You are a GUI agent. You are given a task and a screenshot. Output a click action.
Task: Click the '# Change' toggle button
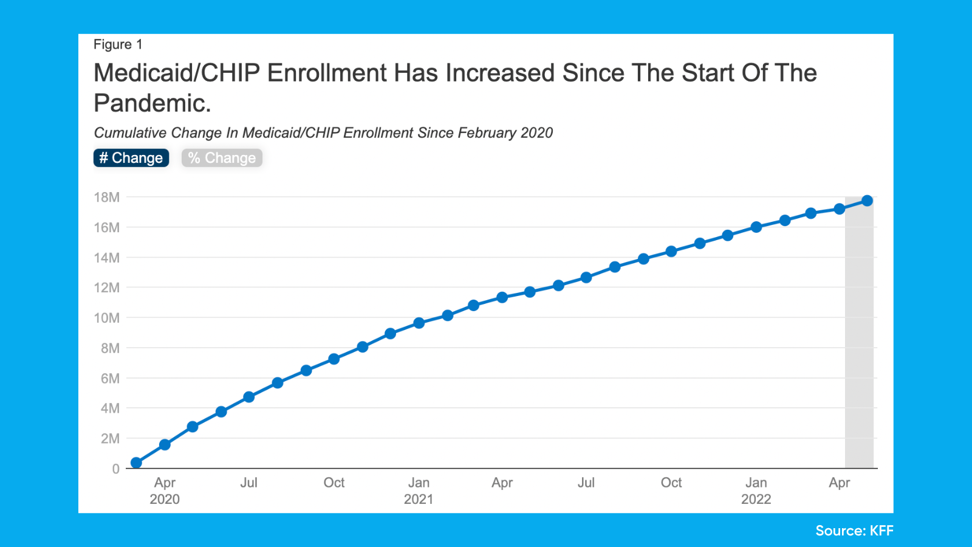pos(131,158)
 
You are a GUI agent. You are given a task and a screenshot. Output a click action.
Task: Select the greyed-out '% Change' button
pos(222,158)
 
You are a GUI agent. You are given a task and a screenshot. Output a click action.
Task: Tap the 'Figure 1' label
pos(118,44)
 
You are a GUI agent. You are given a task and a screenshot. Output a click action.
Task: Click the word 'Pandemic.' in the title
pos(152,103)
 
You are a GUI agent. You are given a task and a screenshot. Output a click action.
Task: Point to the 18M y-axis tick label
pos(107,197)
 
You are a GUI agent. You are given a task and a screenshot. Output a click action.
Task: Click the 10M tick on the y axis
pos(107,318)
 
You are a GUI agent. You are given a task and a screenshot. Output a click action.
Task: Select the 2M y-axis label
pos(110,438)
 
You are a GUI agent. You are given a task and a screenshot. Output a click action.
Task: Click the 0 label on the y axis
pos(115,469)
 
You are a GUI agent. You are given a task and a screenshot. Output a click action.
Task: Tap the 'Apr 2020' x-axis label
pos(165,490)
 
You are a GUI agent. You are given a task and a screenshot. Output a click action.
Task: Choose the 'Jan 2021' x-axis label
pos(419,490)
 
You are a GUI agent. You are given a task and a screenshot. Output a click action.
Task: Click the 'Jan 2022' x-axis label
pos(756,490)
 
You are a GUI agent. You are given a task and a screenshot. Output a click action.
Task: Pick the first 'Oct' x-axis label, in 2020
pos(334,483)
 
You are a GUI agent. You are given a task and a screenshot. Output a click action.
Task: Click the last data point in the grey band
pos(867,201)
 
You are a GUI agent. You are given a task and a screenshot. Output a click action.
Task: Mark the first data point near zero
pos(137,463)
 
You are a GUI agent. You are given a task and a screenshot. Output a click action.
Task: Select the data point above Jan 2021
pos(419,323)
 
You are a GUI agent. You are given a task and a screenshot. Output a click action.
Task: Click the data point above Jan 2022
pos(756,227)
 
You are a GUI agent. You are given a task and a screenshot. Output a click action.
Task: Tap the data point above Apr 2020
pos(165,445)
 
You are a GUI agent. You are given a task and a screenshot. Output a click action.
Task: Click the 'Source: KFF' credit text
pos(854,531)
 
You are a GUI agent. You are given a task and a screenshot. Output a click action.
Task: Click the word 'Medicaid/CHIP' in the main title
pos(176,73)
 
